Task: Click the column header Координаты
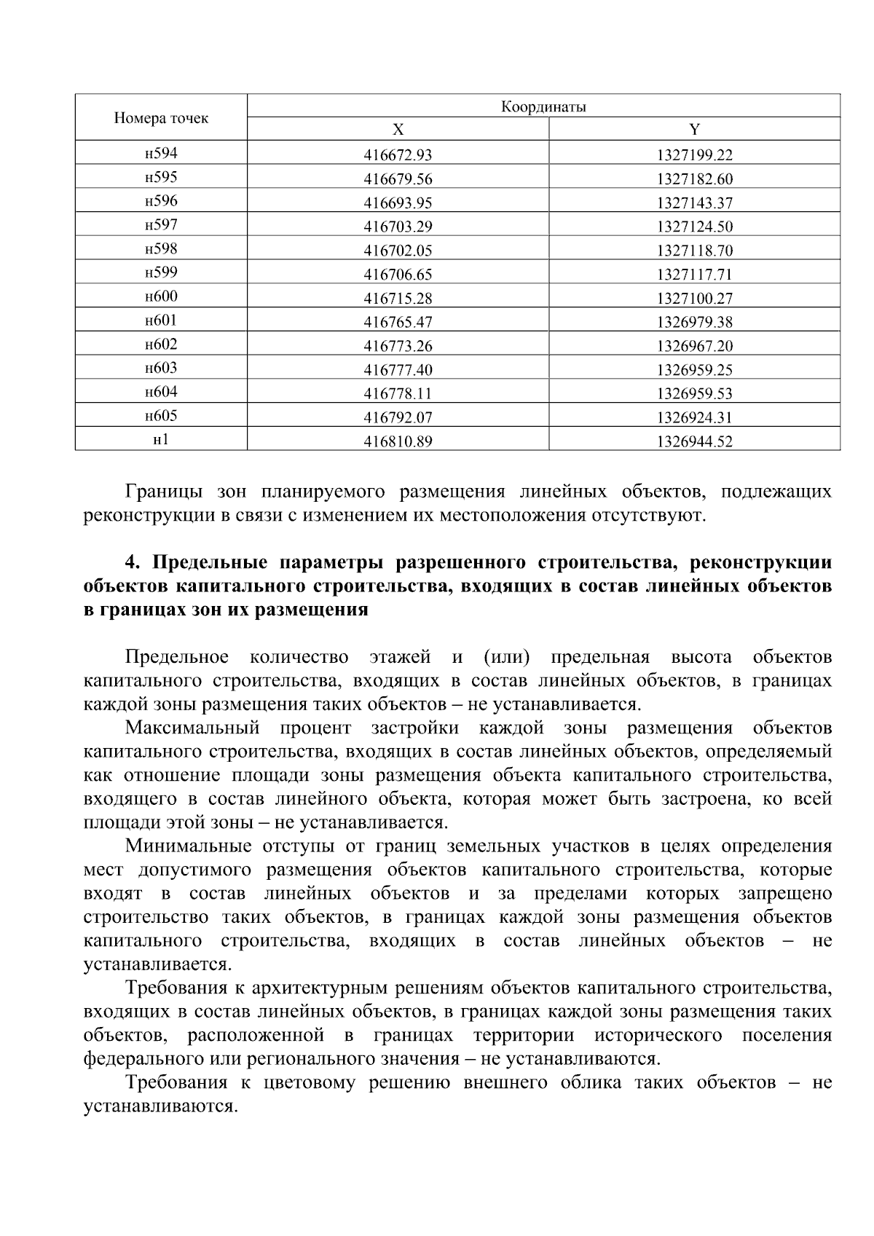543,107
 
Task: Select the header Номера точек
161,118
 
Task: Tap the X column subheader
398,130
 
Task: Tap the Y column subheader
694,130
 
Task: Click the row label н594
161,153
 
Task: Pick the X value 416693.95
398,203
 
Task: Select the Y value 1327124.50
694,227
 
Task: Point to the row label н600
161,296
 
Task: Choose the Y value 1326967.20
694,346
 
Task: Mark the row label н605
161,416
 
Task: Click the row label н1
161,440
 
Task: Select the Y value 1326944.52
694,441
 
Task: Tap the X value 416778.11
398,394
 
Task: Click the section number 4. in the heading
132,563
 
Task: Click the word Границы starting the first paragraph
162,492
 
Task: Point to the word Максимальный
192,728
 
